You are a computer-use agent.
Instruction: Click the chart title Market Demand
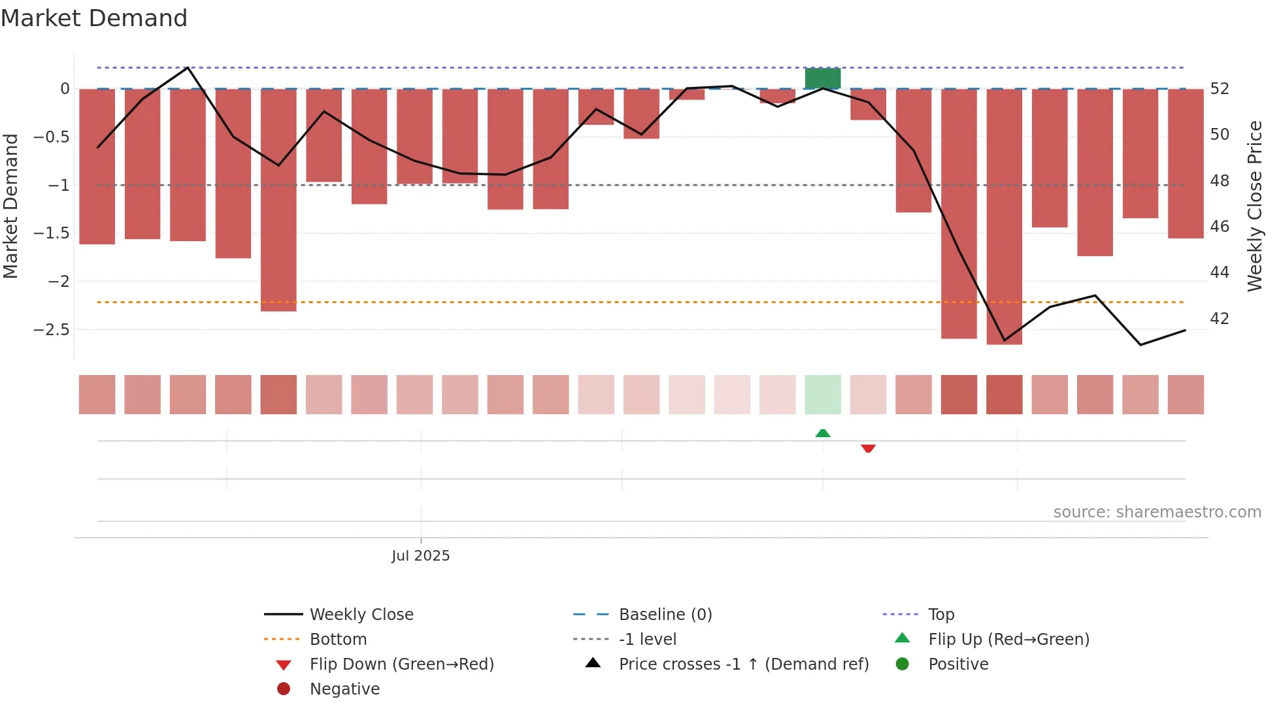94,18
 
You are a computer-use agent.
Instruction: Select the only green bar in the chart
822,78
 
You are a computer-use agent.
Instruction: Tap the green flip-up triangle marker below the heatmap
823,433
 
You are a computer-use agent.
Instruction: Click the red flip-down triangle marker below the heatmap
868,449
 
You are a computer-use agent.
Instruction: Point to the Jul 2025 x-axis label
420,556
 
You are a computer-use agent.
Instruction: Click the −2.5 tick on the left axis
52,329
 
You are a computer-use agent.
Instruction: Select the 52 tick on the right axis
1220,88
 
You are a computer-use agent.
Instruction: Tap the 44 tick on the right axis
1220,272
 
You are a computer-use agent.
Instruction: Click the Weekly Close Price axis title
1254,206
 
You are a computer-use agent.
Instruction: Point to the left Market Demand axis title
10,206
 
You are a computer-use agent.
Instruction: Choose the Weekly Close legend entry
361,614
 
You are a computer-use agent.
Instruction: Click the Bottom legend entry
338,639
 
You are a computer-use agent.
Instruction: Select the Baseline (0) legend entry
665,614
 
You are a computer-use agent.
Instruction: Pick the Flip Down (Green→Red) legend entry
401,664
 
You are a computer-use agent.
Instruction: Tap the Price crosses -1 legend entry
743,664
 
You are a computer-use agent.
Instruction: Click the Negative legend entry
344,689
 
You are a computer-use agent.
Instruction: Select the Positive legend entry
957,664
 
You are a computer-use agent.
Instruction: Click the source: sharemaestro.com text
1157,512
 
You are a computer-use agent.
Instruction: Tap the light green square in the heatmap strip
822,395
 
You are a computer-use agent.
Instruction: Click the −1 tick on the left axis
58,185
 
